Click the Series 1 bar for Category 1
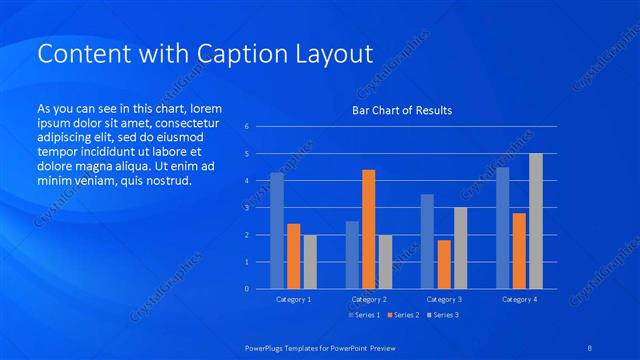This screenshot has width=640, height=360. point(277,231)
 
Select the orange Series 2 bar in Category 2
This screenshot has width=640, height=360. point(369,229)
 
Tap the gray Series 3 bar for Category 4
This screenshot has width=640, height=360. point(536,221)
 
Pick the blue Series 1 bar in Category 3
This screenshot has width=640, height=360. point(427,241)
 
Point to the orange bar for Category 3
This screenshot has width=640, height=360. point(444,264)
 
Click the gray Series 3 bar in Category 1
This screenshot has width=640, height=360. point(310,262)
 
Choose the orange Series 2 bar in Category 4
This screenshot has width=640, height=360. point(519,251)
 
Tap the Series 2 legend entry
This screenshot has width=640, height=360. point(402,315)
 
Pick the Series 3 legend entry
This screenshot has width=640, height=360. point(442,315)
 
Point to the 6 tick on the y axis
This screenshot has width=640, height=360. point(247,127)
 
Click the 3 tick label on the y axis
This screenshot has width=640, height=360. point(247,208)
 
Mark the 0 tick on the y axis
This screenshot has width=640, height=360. point(247,289)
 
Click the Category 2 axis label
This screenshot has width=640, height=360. point(369,299)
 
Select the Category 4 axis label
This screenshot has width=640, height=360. point(519,299)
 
